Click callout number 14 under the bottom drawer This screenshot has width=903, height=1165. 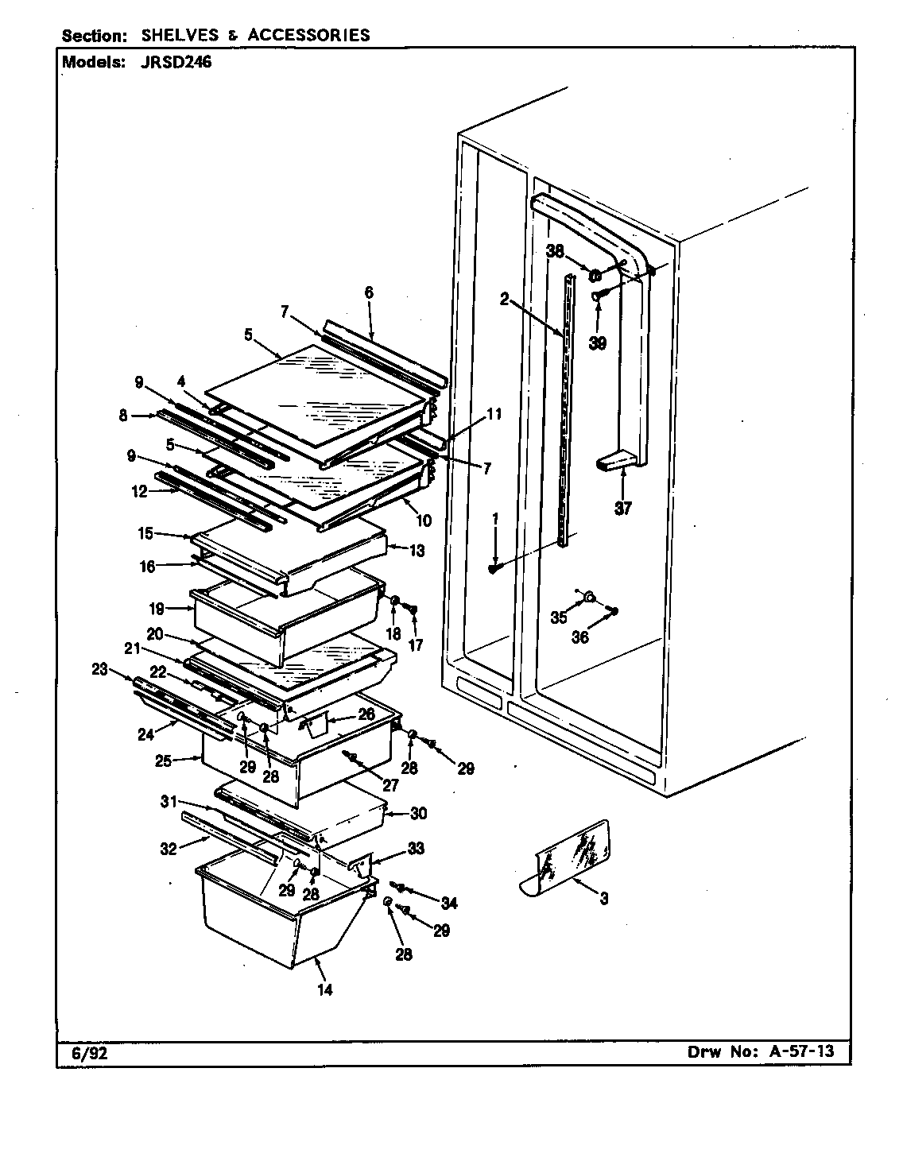tap(324, 989)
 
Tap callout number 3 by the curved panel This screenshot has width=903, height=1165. tap(604, 899)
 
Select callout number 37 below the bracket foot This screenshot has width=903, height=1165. tap(622, 509)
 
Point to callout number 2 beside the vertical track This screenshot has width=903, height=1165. tap(504, 299)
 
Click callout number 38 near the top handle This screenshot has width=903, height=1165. tap(555, 251)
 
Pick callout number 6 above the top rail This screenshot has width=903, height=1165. tap(368, 292)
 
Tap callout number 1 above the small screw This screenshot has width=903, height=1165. tap(495, 517)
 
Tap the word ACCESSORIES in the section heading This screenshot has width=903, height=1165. tap(308, 35)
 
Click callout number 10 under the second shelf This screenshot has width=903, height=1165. tap(423, 521)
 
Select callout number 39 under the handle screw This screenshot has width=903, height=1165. tap(597, 343)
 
